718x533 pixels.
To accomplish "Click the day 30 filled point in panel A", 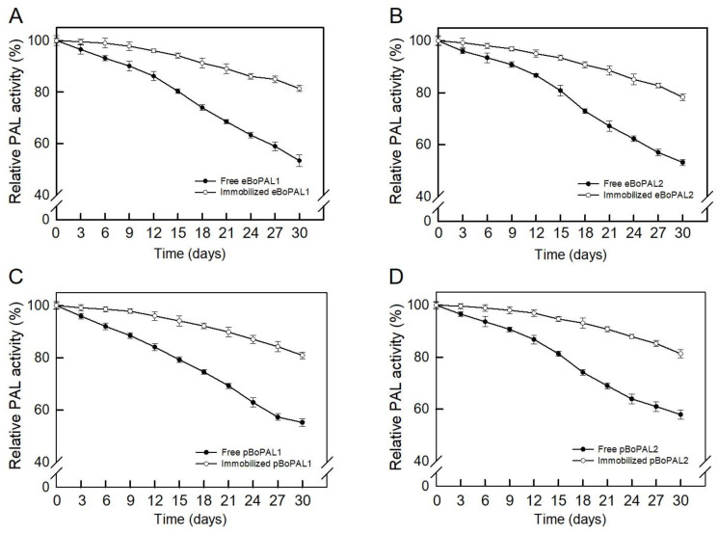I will point(300,160).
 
